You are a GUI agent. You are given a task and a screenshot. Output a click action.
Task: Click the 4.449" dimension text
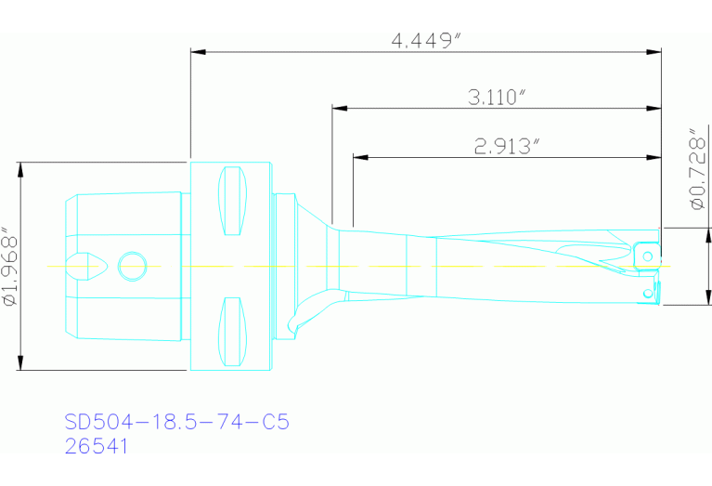426,41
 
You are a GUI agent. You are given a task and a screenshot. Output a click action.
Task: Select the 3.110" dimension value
497,97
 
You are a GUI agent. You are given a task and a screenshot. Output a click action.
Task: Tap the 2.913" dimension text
507,146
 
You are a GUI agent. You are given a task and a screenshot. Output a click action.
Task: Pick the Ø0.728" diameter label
693,168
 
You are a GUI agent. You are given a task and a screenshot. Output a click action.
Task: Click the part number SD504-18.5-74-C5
177,422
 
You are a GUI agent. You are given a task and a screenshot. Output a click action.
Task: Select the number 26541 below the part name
96,446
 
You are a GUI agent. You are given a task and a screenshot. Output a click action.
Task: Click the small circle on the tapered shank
132,267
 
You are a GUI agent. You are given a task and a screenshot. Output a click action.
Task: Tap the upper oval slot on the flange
231,202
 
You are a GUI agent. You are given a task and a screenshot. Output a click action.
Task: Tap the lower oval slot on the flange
231,332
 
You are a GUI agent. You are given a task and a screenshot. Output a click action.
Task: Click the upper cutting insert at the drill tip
646,251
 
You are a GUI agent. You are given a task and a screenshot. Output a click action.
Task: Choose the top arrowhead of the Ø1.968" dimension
20,168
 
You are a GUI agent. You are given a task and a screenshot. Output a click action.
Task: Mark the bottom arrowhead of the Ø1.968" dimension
20,363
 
